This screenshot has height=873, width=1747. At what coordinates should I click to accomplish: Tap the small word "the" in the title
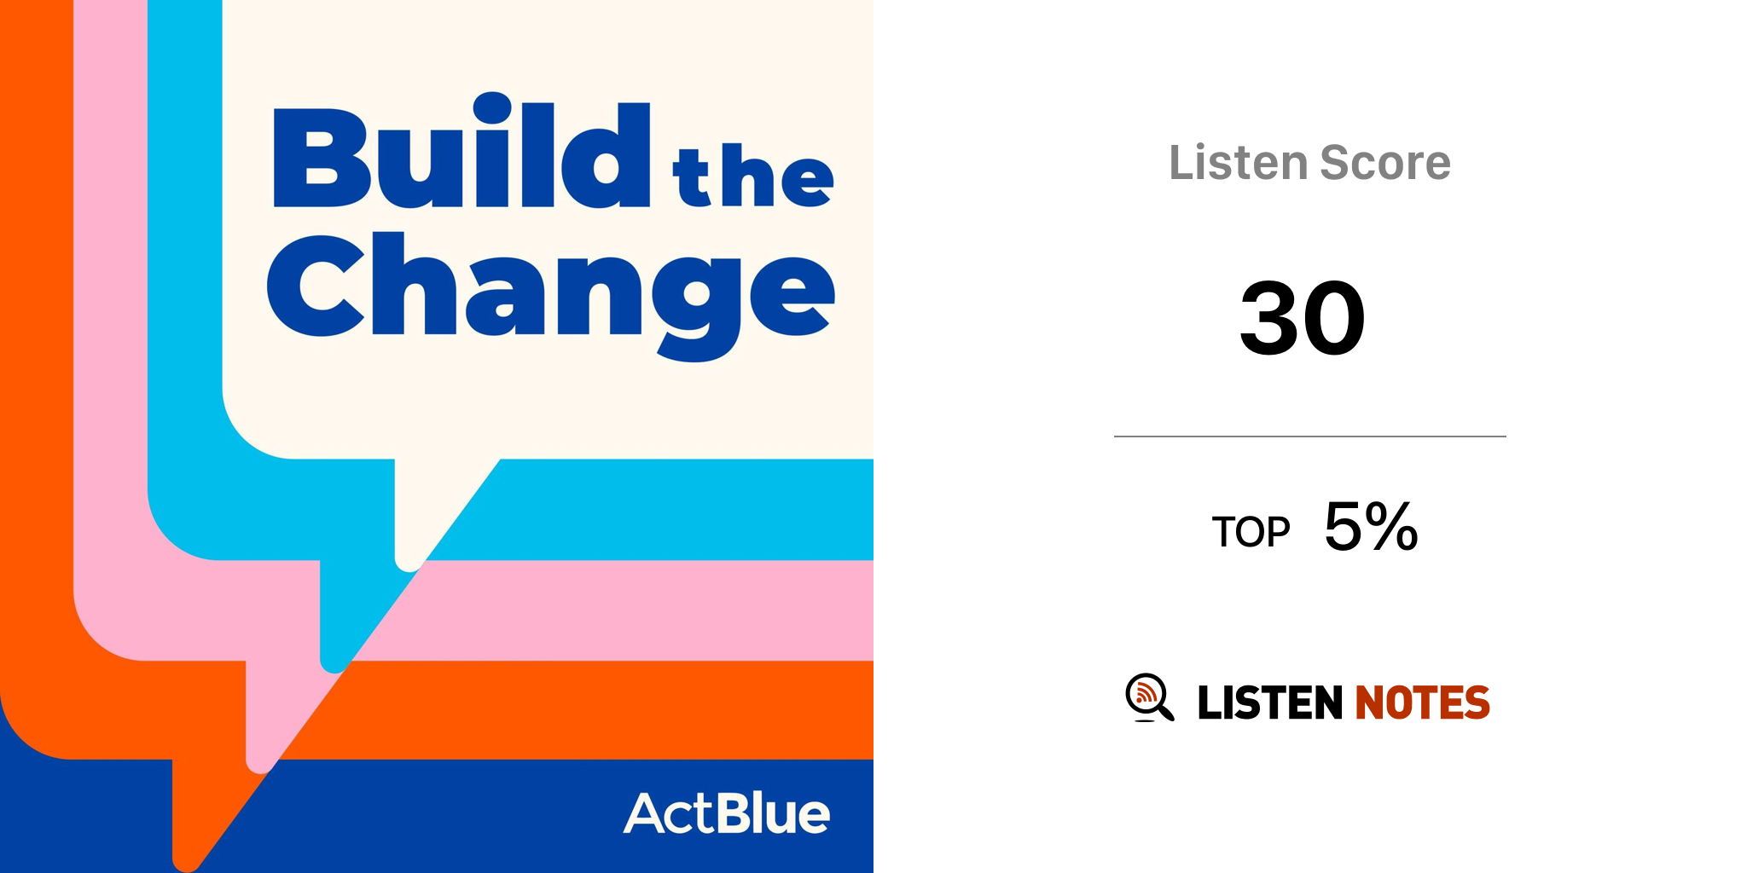coord(753,176)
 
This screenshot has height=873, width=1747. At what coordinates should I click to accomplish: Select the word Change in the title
coord(551,296)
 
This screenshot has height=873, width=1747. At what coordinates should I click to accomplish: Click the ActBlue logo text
coord(727,813)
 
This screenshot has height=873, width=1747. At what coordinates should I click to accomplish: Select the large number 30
coord(1303,318)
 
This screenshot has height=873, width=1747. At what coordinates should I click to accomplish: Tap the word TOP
coord(1251,532)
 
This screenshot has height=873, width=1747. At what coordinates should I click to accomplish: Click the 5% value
coord(1371,526)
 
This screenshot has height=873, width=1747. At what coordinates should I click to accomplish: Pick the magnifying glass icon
coord(1149,697)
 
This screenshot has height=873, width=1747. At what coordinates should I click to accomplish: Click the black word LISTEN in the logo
coord(1270,702)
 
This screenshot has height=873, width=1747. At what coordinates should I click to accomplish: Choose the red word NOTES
coord(1422,702)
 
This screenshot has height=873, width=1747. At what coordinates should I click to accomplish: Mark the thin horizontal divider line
coord(1310,436)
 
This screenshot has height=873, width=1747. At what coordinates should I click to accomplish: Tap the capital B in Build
coord(322,158)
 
